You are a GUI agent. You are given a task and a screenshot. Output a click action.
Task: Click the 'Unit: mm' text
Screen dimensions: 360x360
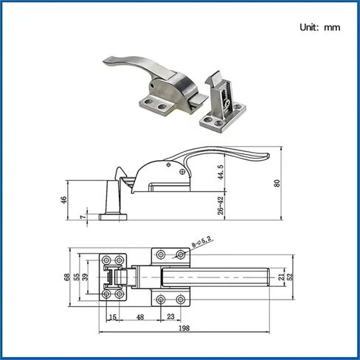click(320, 27)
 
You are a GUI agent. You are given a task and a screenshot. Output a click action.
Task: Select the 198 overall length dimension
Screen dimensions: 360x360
click(184, 328)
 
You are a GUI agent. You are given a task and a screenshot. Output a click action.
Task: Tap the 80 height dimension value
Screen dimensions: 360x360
click(277, 183)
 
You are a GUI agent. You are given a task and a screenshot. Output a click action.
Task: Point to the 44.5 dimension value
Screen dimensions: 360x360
click(221, 172)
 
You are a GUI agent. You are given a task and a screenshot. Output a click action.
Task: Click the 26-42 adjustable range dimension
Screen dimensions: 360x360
click(221, 206)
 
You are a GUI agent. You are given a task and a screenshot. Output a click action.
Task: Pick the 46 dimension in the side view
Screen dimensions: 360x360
click(63, 200)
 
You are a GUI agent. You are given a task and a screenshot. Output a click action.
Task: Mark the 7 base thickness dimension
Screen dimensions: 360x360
click(83, 217)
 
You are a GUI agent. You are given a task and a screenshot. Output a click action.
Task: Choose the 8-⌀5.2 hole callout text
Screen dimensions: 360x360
click(202, 242)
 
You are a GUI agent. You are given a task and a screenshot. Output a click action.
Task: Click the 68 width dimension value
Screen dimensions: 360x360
click(67, 277)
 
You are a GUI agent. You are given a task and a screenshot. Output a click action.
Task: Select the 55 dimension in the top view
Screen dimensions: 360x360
click(77, 277)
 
